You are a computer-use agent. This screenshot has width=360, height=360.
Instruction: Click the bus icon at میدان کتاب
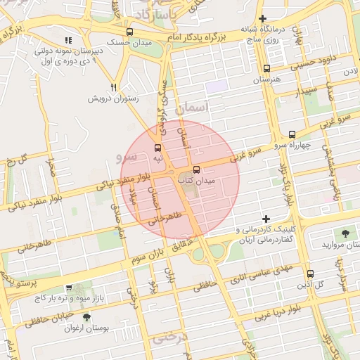pyautogui.click(x=196, y=169)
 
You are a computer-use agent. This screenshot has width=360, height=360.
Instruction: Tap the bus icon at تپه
pyautogui.click(x=157, y=148)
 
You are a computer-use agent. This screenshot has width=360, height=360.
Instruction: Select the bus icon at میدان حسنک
pyautogui.click(x=129, y=32)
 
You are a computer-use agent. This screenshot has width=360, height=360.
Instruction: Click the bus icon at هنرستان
pyautogui.click(x=266, y=68)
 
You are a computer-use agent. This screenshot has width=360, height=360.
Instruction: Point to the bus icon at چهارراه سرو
pyautogui.click(x=292, y=134)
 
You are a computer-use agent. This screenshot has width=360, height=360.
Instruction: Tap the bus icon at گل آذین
pyautogui.click(x=310, y=273)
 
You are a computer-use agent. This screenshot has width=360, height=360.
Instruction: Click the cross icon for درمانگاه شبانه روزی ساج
pyautogui.click(x=262, y=18)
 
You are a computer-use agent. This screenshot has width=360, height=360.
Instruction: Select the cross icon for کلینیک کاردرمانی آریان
pyautogui.click(x=266, y=219)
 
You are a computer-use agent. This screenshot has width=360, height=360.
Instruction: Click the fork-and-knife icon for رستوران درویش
pyautogui.click(x=112, y=87)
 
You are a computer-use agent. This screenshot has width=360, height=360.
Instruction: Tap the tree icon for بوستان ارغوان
pyautogui.click(x=86, y=317)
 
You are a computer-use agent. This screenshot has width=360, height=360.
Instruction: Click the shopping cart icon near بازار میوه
pyautogui.click(x=68, y=288)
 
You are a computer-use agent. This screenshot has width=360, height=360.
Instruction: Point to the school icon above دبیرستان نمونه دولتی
pyautogui.click(x=67, y=41)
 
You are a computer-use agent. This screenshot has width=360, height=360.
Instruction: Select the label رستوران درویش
pyautogui.click(x=113, y=98)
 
